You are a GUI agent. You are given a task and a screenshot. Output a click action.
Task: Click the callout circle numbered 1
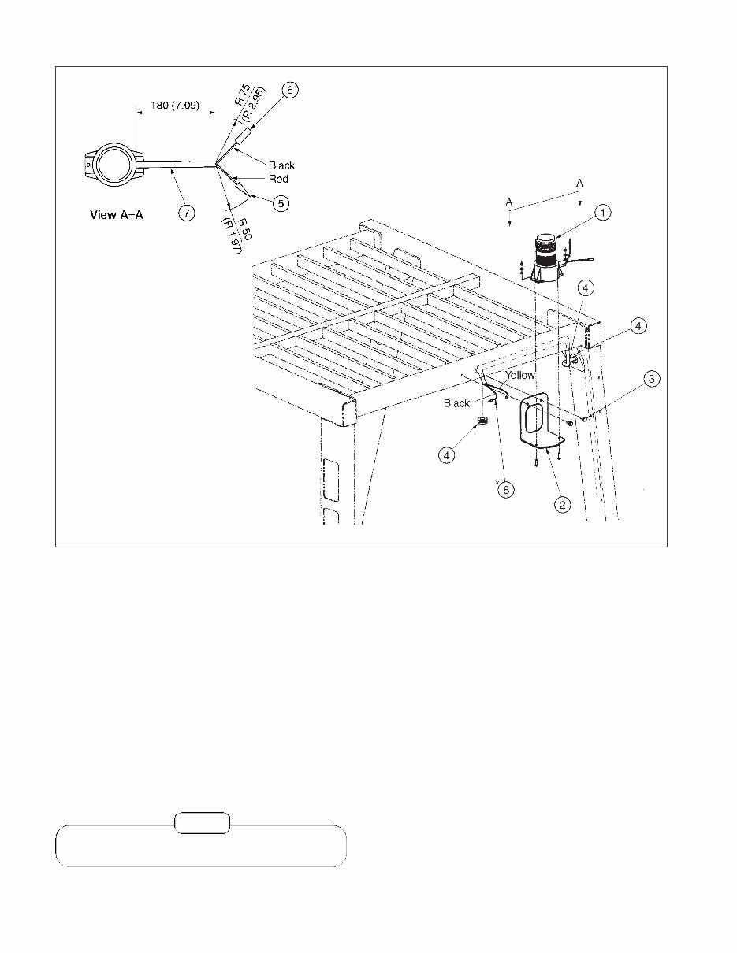point(602,212)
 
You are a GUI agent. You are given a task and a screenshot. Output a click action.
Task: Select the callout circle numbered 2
point(561,505)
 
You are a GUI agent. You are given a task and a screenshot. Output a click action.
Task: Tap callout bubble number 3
point(650,380)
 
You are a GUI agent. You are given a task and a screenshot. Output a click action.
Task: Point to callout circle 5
point(280,203)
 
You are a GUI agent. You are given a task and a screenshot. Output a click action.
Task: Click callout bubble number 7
point(188,213)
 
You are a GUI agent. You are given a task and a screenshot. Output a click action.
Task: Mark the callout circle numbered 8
point(504,489)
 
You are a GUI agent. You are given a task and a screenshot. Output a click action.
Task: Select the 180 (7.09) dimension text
point(175,105)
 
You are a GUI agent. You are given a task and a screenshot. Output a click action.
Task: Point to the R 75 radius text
point(242,97)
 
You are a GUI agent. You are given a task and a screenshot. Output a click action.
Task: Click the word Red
point(278,180)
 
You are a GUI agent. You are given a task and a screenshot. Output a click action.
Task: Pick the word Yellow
point(519,376)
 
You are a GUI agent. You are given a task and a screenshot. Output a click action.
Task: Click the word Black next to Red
point(281,165)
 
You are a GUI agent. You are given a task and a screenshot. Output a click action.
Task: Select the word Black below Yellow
point(456,403)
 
